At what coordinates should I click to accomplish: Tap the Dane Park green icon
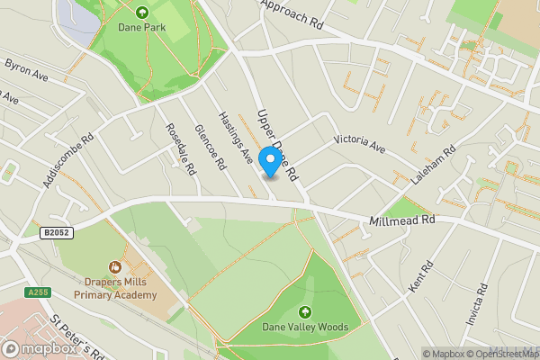click(142, 12)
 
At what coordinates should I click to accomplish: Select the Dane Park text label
click(142, 28)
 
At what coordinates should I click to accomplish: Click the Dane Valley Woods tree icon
click(305, 312)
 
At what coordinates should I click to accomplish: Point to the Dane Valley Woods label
click(305, 328)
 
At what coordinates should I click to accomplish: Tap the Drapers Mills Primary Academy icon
click(115, 266)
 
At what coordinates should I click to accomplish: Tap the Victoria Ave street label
click(359, 142)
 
